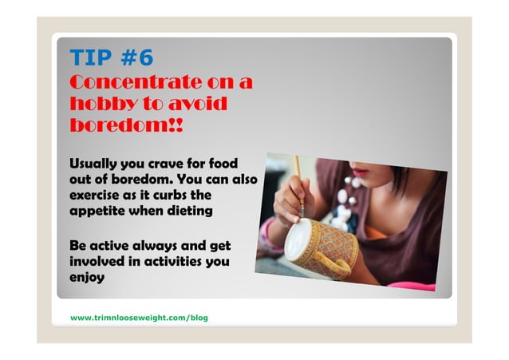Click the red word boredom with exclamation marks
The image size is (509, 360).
click(127, 126)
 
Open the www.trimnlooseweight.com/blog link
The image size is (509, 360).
click(139, 318)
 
